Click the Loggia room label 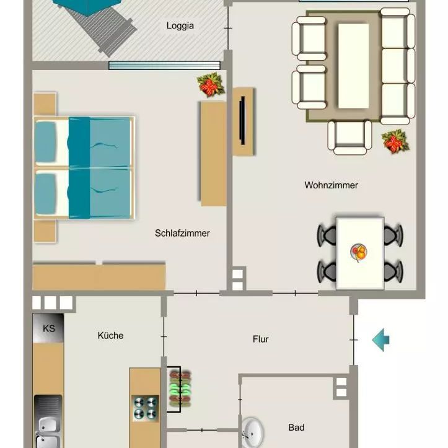point(180,26)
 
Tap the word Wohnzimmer point(331,185)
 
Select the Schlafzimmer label point(182,234)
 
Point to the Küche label point(110,336)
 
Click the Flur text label point(261,340)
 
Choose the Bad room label point(296,428)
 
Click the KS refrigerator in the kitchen point(48,329)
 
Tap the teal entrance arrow point(380,340)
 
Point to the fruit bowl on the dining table point(359,252)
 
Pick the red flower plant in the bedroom point(211,85)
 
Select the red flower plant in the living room point(394,142)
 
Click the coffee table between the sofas point(353,66)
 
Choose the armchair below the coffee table point(349,136)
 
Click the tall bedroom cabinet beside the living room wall point(213,153)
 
